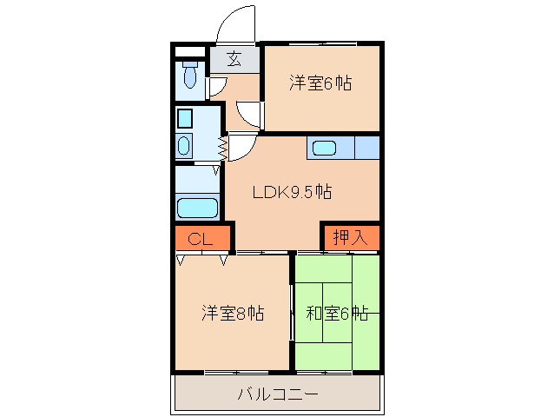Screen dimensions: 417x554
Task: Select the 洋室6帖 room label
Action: click(320, 83)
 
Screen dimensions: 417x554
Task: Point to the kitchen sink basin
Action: click(325, 148)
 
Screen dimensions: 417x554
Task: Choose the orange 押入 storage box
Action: click(350, 237)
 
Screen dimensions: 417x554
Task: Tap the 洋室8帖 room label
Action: click(234, 313)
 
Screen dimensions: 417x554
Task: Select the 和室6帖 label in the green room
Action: click(337, 313)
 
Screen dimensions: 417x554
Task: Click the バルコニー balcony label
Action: click(278, 395)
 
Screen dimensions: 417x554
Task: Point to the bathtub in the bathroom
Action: click(197, 208)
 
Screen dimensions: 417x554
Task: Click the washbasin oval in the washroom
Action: click(184, 144)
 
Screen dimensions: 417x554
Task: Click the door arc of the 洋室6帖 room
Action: click(248, 113)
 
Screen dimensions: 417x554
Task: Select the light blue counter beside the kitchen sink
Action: click(366, 148)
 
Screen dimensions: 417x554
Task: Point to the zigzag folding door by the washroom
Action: click(222, 149)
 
